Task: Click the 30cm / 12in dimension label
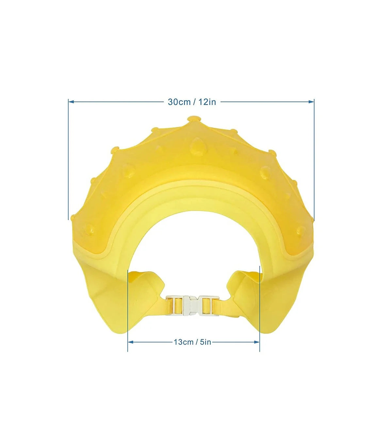tap(192, 102)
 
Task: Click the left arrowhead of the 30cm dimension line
tap(72, 102)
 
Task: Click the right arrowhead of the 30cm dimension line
tap(311, 102)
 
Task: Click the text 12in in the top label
tap(207, 102)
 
